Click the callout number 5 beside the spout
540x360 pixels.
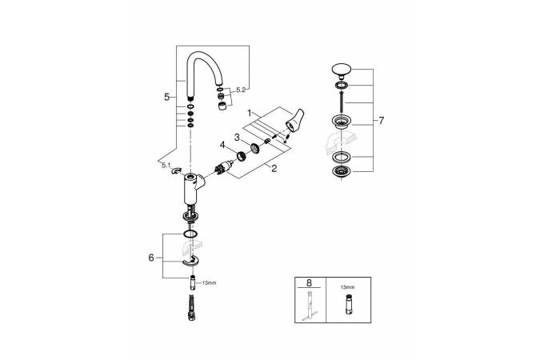[x=166, y=97]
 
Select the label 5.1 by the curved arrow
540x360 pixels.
[x=166, y=166]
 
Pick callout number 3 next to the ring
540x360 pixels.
[x=237, y=138]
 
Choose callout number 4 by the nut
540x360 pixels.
[x=223, y=145]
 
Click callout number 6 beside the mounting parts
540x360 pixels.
[x=151, y=258]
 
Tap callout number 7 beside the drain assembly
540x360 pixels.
[x=381, y=121]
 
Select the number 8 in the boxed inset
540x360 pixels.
[x=308, y=283]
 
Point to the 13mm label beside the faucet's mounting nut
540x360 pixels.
[x=209, y=282]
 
